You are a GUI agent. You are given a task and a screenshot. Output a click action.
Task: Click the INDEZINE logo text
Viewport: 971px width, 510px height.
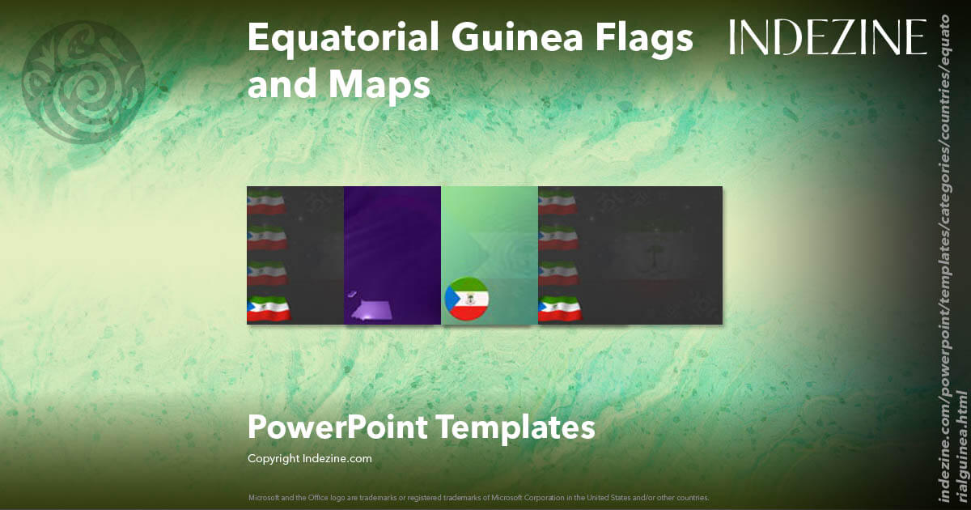pos(827,37)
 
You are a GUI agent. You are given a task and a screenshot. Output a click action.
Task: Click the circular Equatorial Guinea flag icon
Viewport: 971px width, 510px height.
pos(466,299)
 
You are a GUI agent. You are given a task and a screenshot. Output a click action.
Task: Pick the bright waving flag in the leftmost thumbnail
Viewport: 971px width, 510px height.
pos(268,309)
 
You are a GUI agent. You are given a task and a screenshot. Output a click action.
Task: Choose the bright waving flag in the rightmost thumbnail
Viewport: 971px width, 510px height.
pos(559,309)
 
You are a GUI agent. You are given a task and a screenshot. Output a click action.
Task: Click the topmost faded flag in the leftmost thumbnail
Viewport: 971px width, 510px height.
pos(266,201)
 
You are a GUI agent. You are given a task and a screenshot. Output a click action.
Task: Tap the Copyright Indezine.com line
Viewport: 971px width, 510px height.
pos(309,458)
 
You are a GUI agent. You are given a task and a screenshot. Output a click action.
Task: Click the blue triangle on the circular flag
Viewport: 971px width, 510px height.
pos(451,300)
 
